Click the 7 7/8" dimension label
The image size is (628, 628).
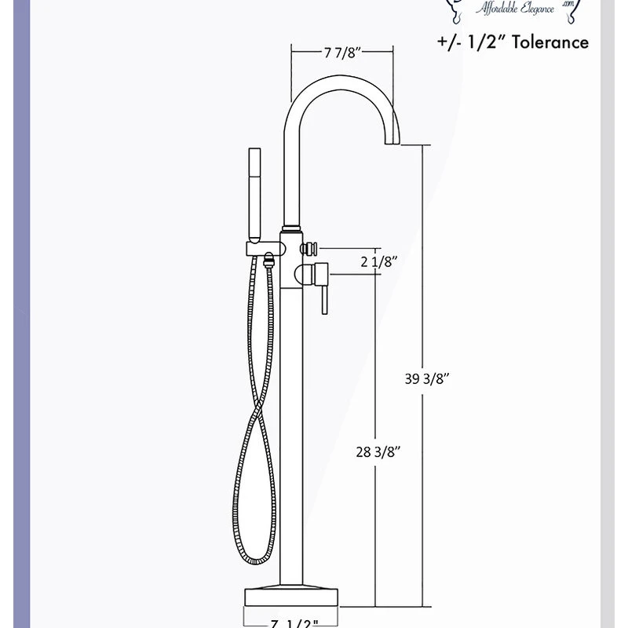341,53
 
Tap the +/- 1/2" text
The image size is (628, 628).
470,42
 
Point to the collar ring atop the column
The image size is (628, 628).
291,229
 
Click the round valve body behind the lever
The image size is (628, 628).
301,274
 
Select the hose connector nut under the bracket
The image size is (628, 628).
269,258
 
